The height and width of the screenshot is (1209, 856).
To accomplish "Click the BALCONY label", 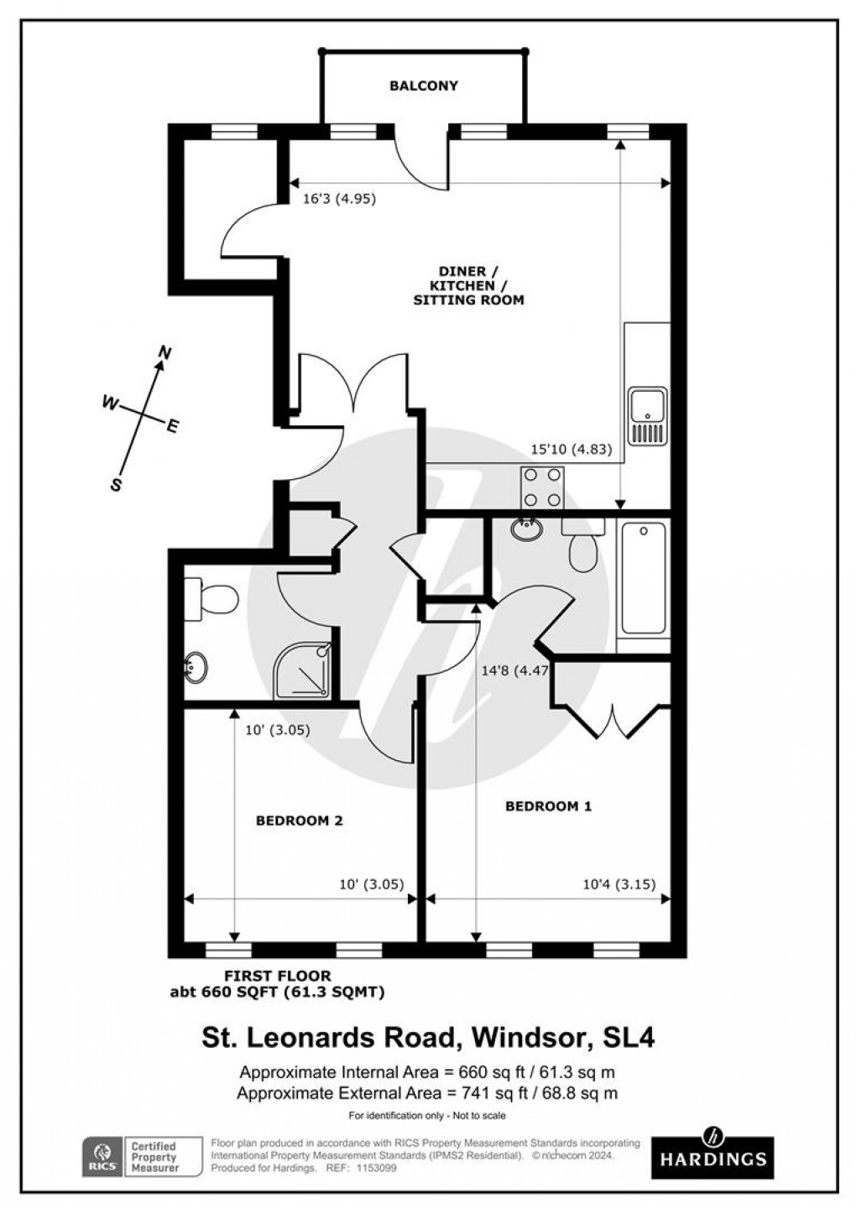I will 424,86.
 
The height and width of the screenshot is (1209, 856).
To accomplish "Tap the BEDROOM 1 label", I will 548,806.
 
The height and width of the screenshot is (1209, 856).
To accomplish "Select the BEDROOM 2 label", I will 300,821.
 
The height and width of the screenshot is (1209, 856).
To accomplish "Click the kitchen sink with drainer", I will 648,416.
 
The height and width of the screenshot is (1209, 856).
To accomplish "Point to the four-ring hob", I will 543,487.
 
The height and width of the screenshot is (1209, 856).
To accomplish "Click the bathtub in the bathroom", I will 644,579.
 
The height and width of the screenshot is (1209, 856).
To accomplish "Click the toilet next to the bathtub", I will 582,545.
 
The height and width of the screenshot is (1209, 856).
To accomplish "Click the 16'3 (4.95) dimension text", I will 339,200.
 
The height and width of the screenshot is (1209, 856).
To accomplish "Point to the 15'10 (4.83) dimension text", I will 572,449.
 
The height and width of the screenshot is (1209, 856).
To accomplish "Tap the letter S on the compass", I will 117,484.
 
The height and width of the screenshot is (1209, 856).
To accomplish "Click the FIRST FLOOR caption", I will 277,976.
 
